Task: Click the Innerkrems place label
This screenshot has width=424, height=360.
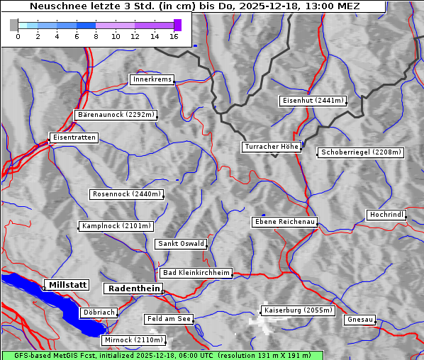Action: [x=152, y=79]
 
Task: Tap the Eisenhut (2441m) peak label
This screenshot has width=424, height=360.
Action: [x=313, y=101]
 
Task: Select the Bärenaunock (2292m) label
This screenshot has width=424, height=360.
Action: [x=115, y=114]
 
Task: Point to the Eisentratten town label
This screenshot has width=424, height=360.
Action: [x=73, y=137]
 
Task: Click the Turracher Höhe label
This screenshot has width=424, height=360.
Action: [x=272, y=147]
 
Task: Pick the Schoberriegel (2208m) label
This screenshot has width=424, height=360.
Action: [x=361, y=152]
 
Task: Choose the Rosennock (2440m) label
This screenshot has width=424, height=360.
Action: [x=127, y=193]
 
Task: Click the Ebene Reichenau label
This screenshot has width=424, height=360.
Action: [x=284, y=222]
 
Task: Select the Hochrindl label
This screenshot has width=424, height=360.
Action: [x=386, y=215]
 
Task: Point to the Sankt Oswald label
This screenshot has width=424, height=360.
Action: [x=181, y=244]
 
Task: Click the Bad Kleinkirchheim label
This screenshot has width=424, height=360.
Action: [x=196, y=273]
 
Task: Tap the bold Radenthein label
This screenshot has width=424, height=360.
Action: [x=133, y=288]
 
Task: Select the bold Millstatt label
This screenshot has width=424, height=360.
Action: [x=67, y=284]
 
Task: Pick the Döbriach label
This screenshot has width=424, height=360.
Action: [x=98, y=312]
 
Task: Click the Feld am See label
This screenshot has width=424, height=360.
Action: [x=169, y=319]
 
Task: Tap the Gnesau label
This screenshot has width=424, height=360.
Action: [x=360, y=320]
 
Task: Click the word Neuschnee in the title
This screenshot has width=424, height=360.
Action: [x=54, y=6]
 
